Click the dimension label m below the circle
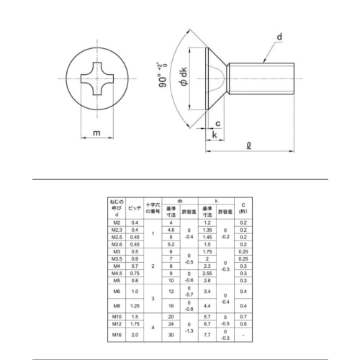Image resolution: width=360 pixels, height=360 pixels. (96, 133)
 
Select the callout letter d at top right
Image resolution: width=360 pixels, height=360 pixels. (279, 37)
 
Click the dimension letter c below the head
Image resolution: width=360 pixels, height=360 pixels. (217, 124)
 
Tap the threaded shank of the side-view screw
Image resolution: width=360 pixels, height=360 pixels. (262, 77)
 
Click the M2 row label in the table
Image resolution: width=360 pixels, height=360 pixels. (117, 223)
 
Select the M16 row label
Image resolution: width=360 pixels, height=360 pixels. (117, 335)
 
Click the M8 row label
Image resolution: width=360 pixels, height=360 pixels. (117, 306)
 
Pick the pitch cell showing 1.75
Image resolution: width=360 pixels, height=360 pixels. (135, 325)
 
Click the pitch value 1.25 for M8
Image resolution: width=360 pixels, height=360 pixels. (135, 306)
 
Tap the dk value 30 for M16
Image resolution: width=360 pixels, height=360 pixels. (171, 335)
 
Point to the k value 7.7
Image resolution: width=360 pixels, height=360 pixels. (207, 335)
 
